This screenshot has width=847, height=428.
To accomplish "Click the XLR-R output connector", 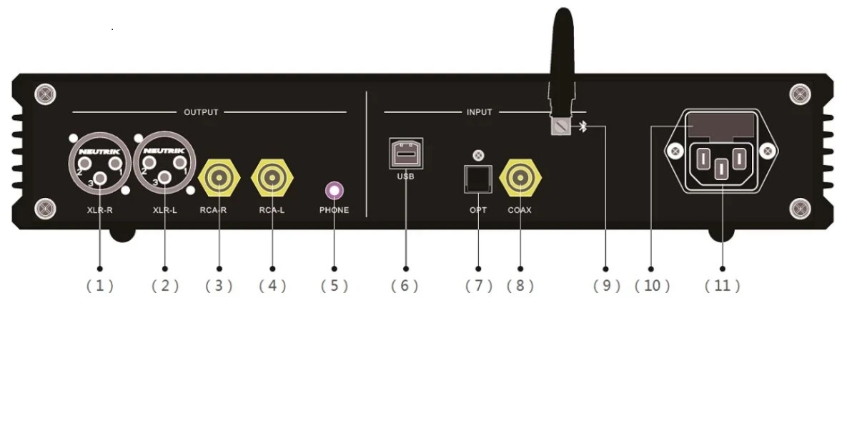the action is tap(100, 163).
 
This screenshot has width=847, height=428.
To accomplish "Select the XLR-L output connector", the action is tap(164, 163).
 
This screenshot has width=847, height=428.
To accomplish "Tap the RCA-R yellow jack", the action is tap(219, 178).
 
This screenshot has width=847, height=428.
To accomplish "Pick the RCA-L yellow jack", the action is tap(272, 178).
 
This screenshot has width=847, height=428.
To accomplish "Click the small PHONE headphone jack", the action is tap(335, 191).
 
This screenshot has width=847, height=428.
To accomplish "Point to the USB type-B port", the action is tap(406, 154).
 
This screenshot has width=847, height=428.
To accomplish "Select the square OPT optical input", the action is tap(478, 179).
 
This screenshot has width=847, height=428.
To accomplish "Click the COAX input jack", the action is tap(520, 178).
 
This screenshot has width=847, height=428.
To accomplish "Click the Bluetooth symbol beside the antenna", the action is tap(583, 127).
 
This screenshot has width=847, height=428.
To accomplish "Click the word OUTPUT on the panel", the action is tap(201, 112).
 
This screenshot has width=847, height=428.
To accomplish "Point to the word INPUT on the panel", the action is tap(479, 112).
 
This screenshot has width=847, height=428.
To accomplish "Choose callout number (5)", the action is tap(335, 286).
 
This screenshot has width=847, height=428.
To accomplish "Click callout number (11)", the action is tap(722, 286).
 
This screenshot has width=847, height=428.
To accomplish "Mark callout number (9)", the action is tap(607, 286).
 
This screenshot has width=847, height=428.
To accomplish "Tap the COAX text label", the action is tap(520, 210).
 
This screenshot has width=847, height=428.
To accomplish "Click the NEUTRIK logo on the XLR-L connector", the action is tap(164, 151).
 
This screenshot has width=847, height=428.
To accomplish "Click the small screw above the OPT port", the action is tap(478, 156).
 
